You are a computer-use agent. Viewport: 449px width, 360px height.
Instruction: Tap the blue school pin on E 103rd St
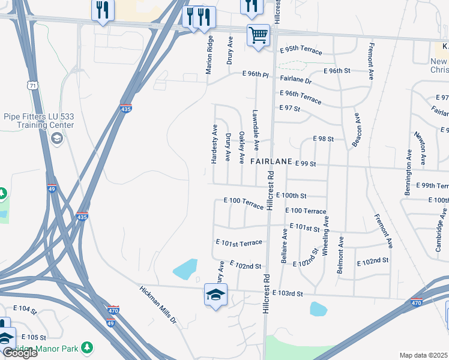pos(215,294)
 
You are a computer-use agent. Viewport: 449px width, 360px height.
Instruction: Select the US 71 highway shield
pos(33,85)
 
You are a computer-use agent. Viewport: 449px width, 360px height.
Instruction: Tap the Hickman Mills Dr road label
pos(158,304)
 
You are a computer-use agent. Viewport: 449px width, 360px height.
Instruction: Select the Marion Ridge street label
pos(209,55)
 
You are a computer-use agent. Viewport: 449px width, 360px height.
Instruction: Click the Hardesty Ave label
pos(214,144)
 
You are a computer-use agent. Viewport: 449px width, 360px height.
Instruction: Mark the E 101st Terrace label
pos(239,242)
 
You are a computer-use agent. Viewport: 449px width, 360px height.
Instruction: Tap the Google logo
pos(20,353)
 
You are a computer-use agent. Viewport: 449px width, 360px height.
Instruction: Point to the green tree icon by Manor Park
pos(88,347)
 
